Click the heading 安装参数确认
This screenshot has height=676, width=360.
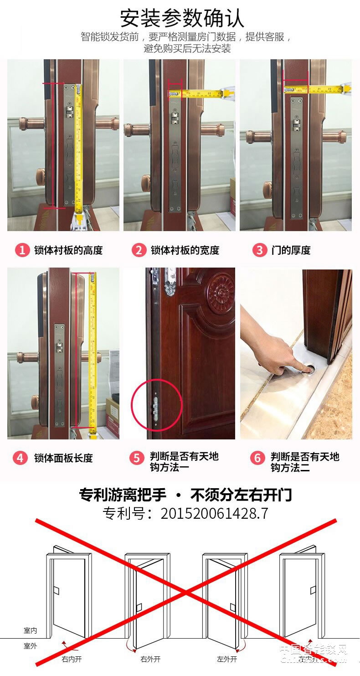point(182,18)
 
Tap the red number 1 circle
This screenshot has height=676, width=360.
point(21,250)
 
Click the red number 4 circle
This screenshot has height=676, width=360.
point(20,458)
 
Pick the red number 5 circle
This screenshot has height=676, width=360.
point(137,458)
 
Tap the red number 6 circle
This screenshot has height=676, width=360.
point(257,458)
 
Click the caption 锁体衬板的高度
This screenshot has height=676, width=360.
point(68,250)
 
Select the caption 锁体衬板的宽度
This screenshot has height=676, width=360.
point(185,250)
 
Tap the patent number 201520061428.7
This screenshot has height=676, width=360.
point(214,514)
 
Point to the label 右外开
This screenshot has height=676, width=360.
point(150,659)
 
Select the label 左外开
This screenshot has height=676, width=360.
point(227,659)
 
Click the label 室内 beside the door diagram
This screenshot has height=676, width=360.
point(31,631)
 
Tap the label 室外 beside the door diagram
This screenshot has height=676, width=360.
point(31,646)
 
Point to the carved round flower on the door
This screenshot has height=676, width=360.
point(221,292)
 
